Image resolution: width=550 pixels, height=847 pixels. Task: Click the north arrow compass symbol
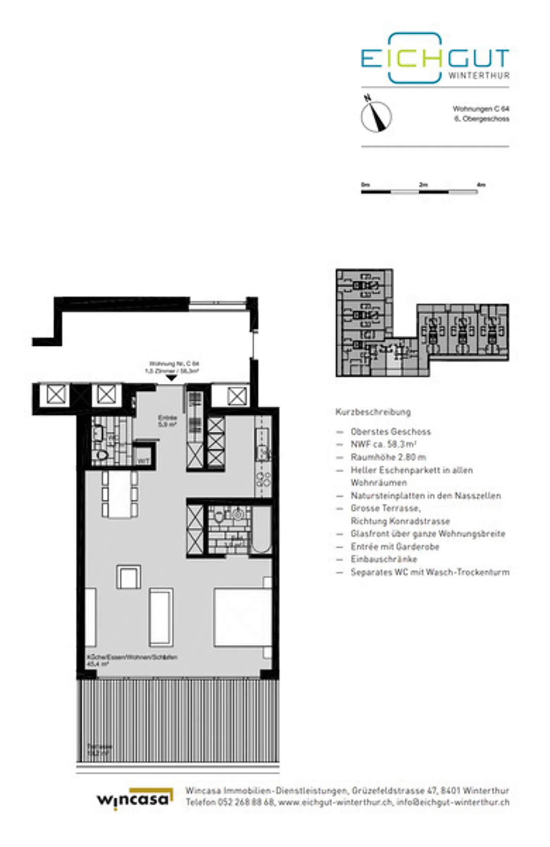pos(376,116)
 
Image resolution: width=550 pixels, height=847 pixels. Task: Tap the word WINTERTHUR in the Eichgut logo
pos(479,75)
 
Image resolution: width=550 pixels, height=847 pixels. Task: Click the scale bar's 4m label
pos(481,185)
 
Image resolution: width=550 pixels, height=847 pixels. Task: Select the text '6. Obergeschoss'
pos(481,119)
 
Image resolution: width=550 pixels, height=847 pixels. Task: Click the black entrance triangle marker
pos(171,378)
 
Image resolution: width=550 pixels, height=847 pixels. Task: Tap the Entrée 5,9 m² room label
pos(167,421)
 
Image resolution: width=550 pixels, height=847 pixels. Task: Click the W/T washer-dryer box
pos(143,460)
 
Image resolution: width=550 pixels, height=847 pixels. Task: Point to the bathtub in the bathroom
pos(262,530)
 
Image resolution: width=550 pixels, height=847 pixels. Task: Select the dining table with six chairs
pos(120,495)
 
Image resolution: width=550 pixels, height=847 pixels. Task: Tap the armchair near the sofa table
pos(128,577)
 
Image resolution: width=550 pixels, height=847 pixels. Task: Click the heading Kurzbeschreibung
pos(373,412)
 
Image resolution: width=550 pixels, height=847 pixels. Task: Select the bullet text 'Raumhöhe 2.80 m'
pos(388,457)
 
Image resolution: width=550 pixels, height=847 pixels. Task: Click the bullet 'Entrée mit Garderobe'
pos(395,546)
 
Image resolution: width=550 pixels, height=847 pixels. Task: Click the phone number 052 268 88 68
pos(246,802)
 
